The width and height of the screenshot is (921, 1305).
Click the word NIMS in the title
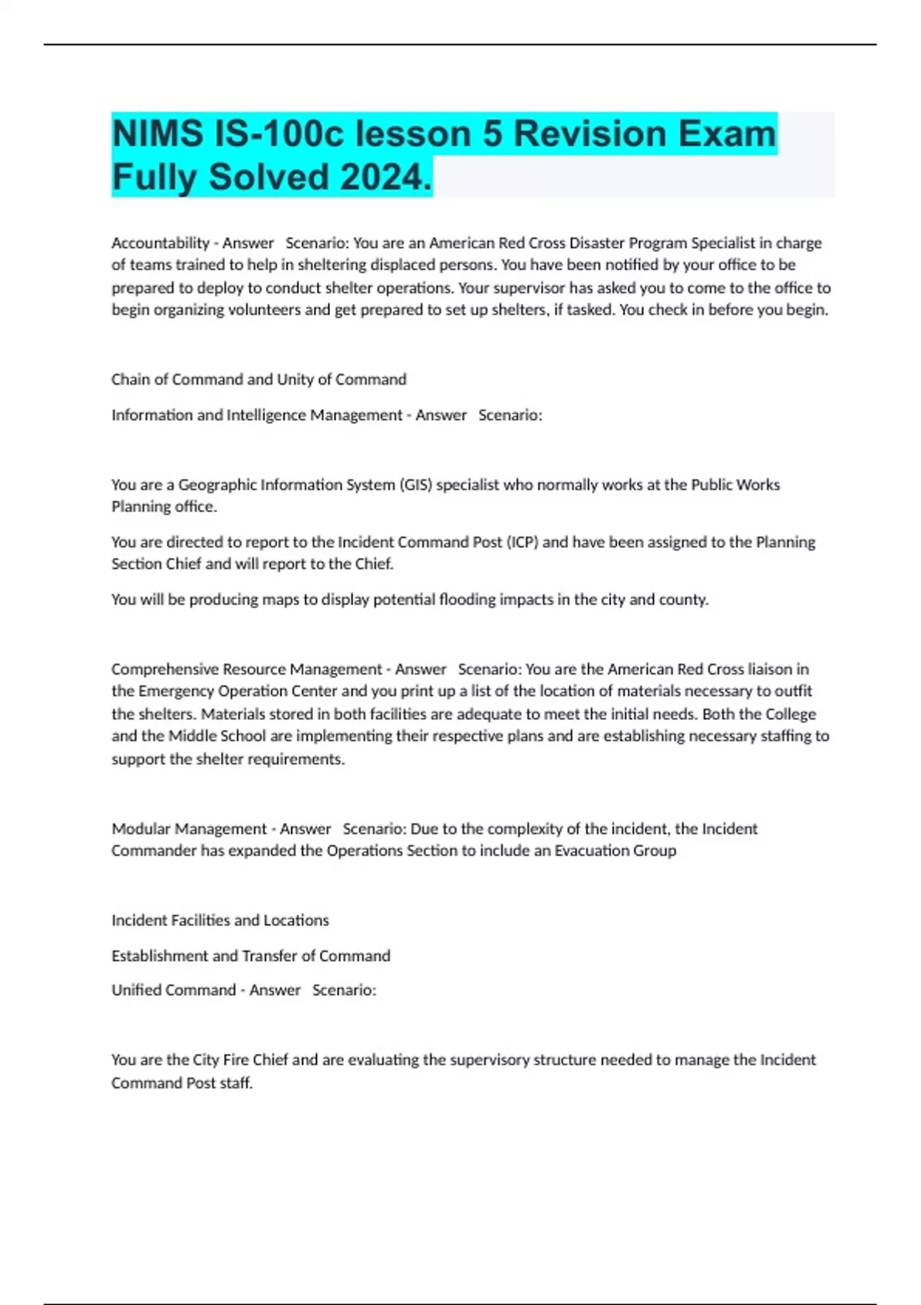tap(157, 134)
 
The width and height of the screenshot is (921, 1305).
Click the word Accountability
tap(160, 243)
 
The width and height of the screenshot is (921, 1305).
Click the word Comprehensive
tap(165, 669)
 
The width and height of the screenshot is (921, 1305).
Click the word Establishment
tap(159, 956)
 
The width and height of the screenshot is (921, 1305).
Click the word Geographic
tap(217, 485)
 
